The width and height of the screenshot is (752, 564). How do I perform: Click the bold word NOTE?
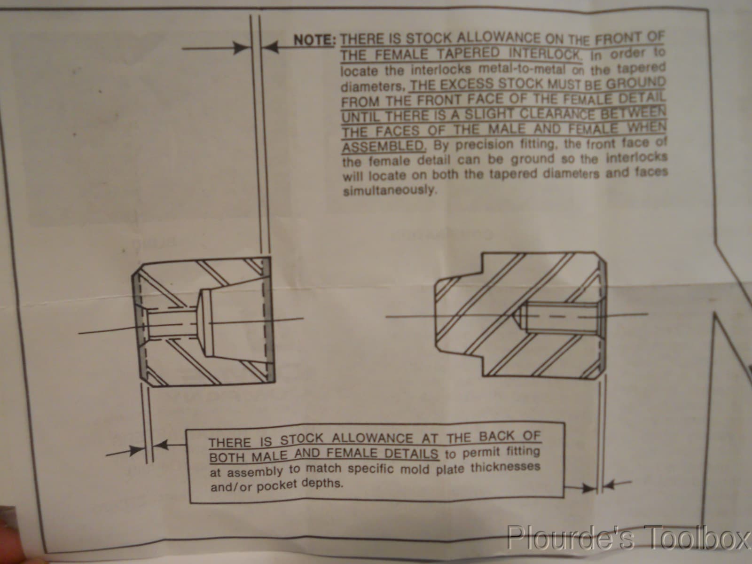(x=314, y=40)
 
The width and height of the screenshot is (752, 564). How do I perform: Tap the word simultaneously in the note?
(x=390, y=190)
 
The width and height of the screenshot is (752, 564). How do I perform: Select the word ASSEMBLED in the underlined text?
(x=384, y=147)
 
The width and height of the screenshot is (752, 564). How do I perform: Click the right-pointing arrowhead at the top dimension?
(x=241, y=48)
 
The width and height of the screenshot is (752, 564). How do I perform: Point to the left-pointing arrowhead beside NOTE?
(x=271, y=47)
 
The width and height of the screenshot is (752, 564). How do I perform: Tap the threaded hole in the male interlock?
(x=558, y=317)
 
